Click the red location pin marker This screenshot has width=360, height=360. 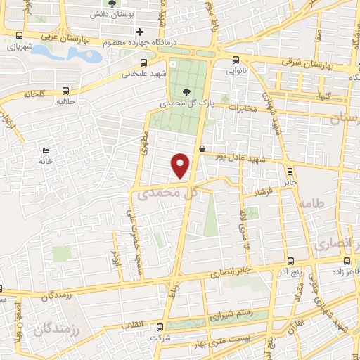click(x=181, y=165)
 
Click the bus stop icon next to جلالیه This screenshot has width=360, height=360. click(x=66, y=91)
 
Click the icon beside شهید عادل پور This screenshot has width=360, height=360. click(x=202, y=148)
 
